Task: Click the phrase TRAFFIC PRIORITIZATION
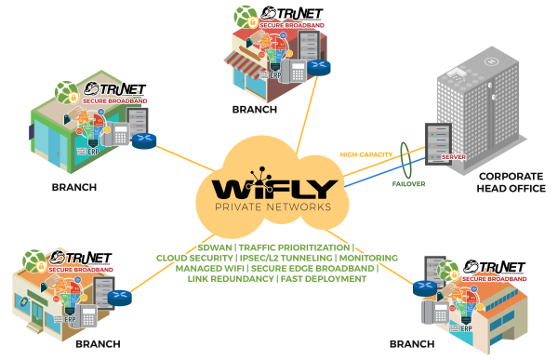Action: click(x=295, y=247)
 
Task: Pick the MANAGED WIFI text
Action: click(x=205, y=268)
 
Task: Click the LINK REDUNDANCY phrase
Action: click(x=229, y=278)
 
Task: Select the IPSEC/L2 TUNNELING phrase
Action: click(x=285, y=258)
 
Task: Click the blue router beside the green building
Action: click(x=143, y=141)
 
